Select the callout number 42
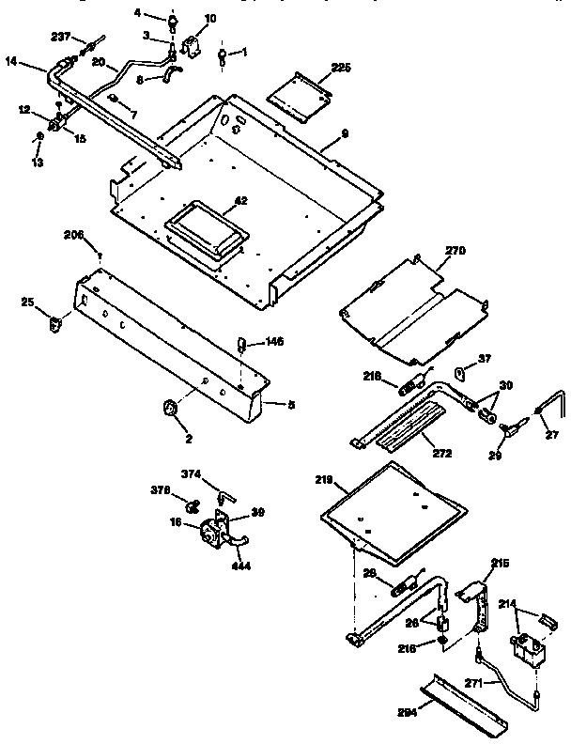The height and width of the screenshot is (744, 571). point(241,201)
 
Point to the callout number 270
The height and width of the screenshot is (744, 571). point(455,251)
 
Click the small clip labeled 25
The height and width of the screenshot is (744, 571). point(54,323)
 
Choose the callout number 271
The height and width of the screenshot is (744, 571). point(476,685)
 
